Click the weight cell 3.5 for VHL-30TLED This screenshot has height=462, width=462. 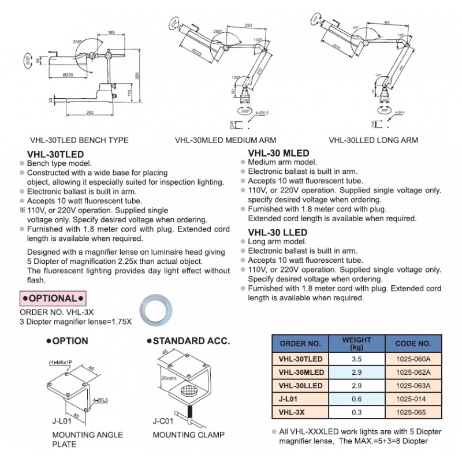tap(356, 358)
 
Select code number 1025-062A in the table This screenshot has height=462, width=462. tap(413, 372)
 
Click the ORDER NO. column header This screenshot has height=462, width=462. tap(300, 343)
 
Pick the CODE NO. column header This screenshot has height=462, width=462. tap(413, 343)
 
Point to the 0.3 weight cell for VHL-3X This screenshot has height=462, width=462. tap(356, 413)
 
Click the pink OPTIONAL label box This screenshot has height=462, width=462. tap(53, 298)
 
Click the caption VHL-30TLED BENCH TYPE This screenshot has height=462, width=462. tap(79, 140)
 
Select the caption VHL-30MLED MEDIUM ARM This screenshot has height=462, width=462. tap(225, 140)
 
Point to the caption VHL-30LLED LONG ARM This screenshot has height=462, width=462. tap(373, 140)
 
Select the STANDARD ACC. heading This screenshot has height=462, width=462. tap(190, 341)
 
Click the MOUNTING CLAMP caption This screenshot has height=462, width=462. tap(180, 435)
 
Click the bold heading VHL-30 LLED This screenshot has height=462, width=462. tap(277, 232)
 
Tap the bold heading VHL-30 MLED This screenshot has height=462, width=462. tap(278, 153)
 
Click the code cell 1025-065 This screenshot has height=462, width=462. tap(413, 413)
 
